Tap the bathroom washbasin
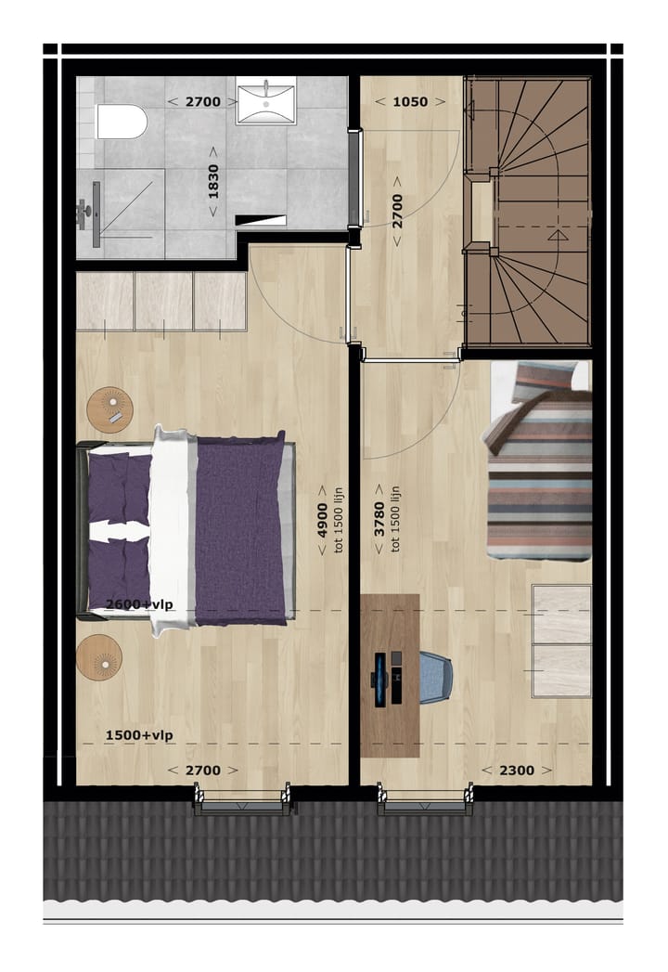click(264, 101)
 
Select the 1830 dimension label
click(213, 180)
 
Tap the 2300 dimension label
click(507, 770)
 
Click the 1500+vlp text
click(139, 735)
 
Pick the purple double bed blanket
click(239, 529)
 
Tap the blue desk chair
click(433, 676)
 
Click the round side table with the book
click(110, 409)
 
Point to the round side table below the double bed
click(99, 658)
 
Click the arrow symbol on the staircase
click(556, 237)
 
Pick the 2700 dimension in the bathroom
click(202, 101)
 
